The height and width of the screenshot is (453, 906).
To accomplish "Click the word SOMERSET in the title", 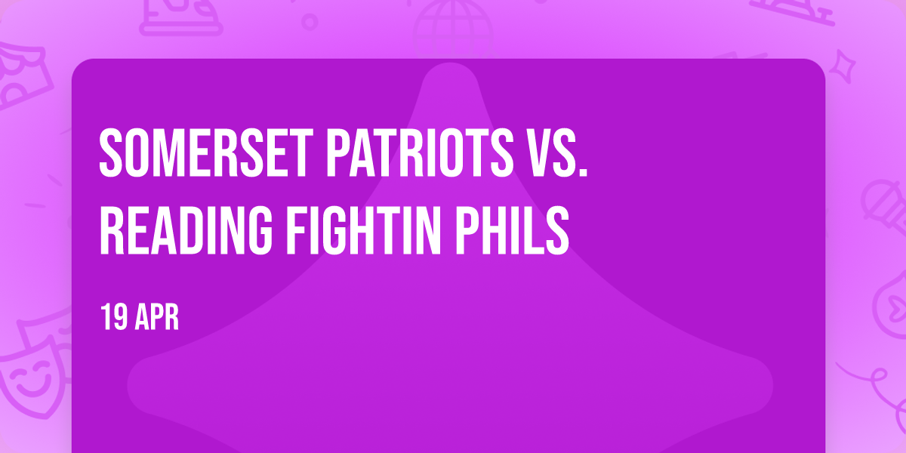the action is point(206,153).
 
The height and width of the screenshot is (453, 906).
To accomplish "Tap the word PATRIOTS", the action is point(420,153).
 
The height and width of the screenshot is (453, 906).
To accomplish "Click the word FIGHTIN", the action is point(363,230).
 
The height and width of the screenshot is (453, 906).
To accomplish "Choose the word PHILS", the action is point(512,230).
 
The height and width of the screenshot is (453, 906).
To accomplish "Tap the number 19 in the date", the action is point(114,318).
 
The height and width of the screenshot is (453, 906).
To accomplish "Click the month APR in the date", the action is point(157,318).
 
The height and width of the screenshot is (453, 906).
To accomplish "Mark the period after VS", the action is point(583,171).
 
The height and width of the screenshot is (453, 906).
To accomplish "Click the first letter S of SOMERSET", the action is point(111,153).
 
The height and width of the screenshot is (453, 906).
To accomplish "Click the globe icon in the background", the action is point(453,29).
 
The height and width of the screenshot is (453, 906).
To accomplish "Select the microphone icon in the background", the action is point(884,206).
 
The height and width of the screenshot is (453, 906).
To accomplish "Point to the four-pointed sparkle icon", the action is point(843,67).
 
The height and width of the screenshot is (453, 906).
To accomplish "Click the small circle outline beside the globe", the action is point(310,22).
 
